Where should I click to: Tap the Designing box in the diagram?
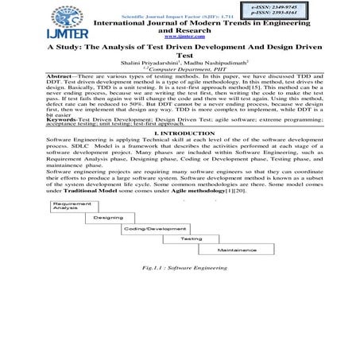(109, 217)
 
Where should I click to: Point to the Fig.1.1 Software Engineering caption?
(180, 269)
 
